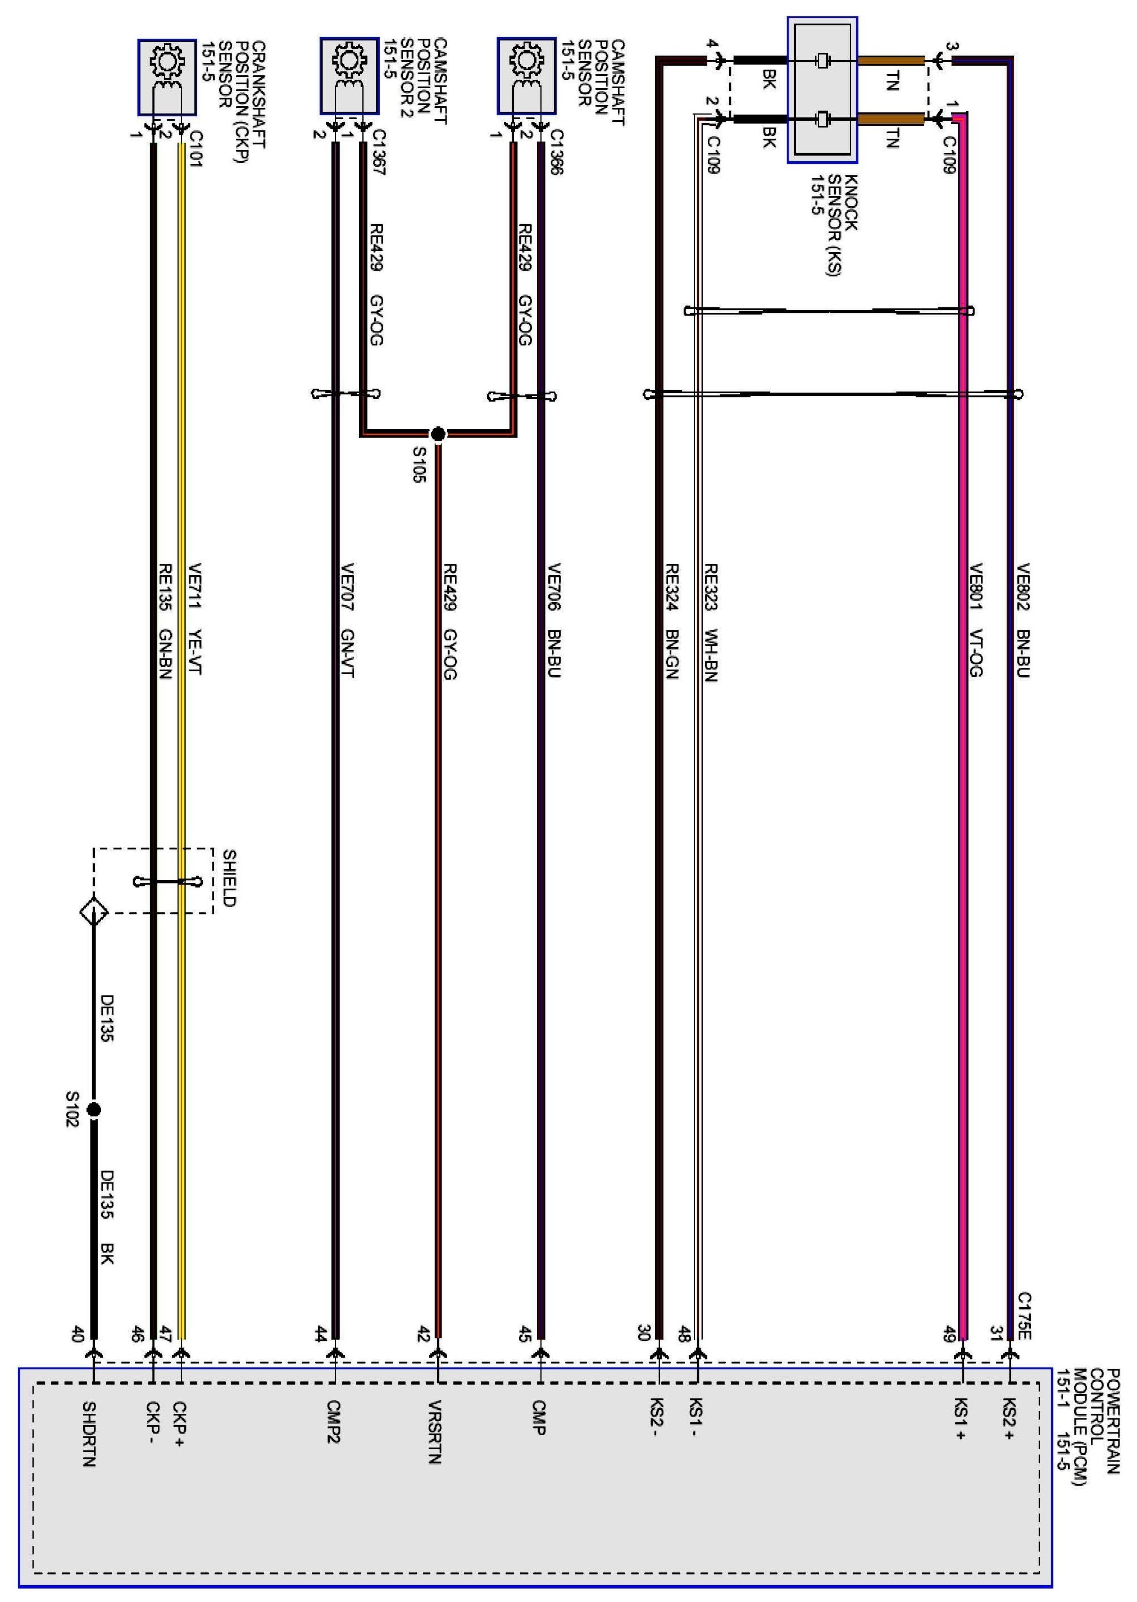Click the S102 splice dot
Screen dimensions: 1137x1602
click(94, 1110)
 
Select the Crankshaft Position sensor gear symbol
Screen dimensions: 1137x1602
click(167, 62)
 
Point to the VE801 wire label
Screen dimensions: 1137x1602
click(976, 586)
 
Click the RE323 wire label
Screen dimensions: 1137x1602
click(711, 586)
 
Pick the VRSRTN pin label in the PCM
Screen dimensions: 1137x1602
click(435, 1432)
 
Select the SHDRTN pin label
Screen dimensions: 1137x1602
click(89, 1433)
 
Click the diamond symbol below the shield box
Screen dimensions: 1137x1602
click(94, 912)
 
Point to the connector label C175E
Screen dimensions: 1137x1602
click(1024, 1316)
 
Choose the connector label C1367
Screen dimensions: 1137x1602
click(379, 151)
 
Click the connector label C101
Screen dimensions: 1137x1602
click(196, 148)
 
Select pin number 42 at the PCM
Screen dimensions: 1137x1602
click(424, 1334)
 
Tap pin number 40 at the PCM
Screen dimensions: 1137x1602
click(78, 1334)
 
